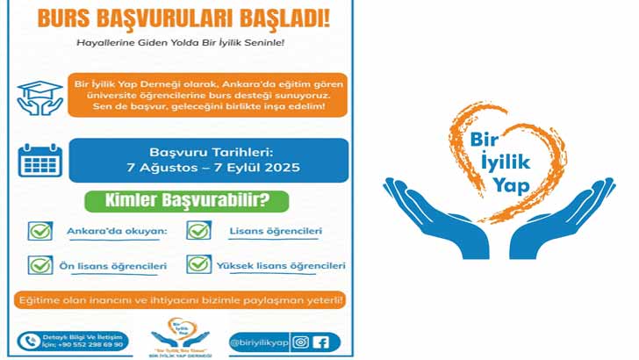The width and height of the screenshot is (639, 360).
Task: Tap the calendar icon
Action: pyautogui.click(x=39, y=160)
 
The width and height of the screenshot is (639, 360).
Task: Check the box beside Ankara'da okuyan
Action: pyautogui.click(x=40, y=231)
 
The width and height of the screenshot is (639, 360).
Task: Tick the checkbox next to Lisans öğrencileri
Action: pyautogui.click(x=198, y=231)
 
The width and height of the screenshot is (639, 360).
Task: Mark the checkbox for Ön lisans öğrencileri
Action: pyautogui.click(x=40, y=264)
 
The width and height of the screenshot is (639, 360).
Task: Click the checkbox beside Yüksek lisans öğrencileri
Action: pyautogui.click(x=198, y=264)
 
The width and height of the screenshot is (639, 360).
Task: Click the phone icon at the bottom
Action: pyautogui.click(x=30, y=340)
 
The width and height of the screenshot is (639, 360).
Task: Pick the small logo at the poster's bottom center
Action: pyautogui.click(x=183, y=338)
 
